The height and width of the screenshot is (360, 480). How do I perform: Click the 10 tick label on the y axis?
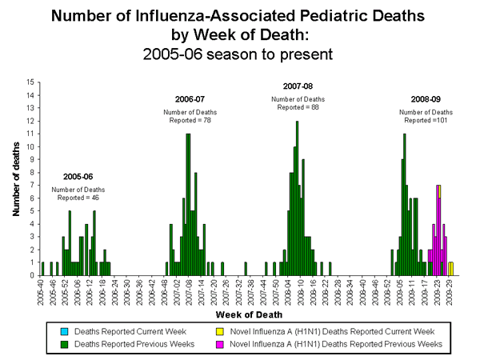(30, 146)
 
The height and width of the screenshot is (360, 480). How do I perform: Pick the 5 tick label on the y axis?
(31, 210)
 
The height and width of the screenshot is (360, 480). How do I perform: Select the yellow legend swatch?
(294, 331)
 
